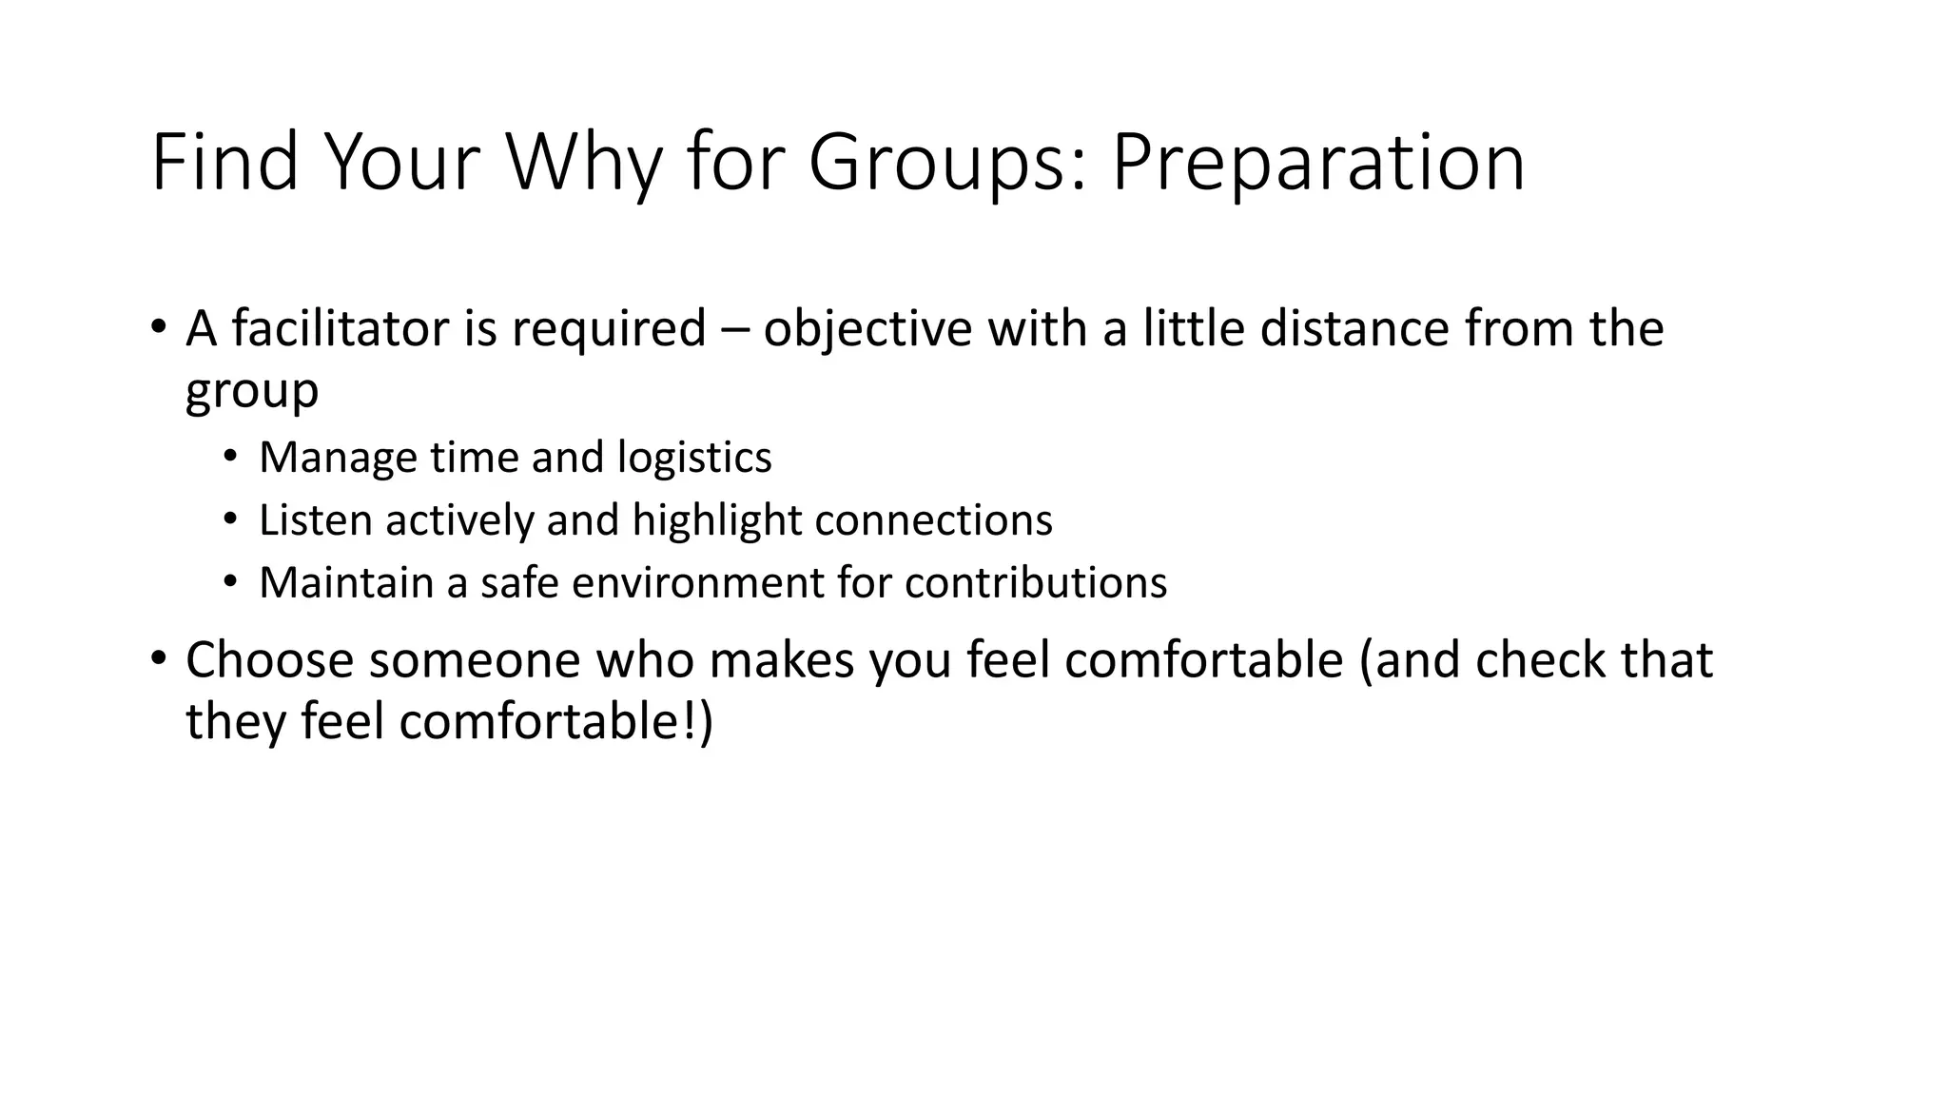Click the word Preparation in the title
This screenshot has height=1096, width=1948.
click(1317, 164)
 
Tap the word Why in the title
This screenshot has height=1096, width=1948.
click(582, 164)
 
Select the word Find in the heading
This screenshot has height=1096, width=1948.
click(224, 162)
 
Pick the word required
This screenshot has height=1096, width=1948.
click(609, 330)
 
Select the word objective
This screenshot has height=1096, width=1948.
click(867, 330)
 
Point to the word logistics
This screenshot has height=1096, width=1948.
click(694, 459)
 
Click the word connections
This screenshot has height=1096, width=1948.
click(934, 520)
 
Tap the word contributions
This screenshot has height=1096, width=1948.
click(1036, 583)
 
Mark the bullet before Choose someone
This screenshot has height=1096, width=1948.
click(159, 657)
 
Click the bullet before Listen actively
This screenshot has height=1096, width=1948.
click(230, 519)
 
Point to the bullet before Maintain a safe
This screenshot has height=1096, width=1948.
click(230, 581)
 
